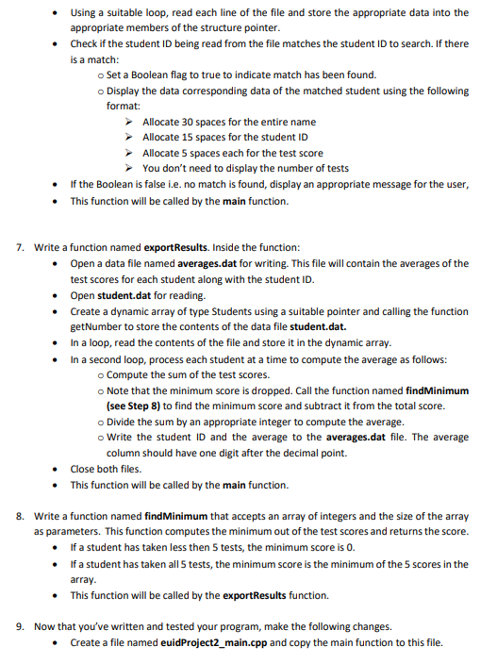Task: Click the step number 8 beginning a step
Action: (x=20, y=518)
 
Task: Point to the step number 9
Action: (x=20, y=626)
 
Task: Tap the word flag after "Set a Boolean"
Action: (x=177, y=75)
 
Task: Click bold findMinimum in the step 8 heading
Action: (x=174, y=518)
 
